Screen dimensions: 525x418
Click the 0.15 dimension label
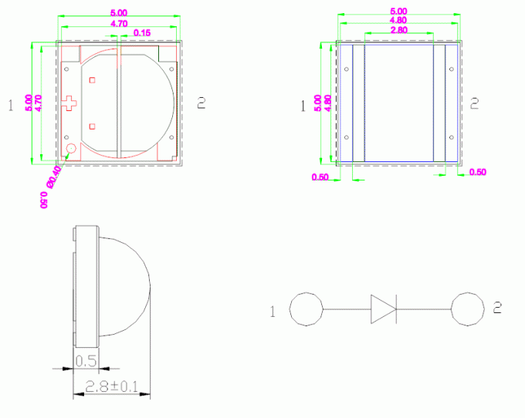tap(142, 32)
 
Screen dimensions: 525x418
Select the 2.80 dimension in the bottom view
tap(399, 30)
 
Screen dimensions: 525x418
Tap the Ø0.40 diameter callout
tap(54, 177)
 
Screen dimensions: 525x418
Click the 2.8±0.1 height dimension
tap(111, 386)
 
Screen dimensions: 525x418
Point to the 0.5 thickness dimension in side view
tap(86, 361)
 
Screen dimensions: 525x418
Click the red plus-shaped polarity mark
tap(69, 103)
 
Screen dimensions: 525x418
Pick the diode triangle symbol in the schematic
tap(383, 309)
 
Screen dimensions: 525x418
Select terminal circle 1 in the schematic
tap(306, 309)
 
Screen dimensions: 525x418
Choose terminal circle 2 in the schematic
tap(467, 309)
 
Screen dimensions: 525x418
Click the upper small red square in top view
tap(92, 80)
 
